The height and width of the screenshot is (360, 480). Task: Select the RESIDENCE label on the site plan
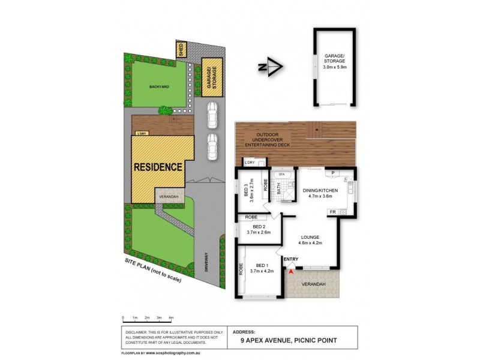[x=158, y=167]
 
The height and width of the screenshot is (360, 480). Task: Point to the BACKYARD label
[x=159, y=87]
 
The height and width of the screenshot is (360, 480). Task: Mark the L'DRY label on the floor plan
[x=248, y=162]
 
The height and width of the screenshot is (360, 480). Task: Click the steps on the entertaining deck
[x=314, y=128]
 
